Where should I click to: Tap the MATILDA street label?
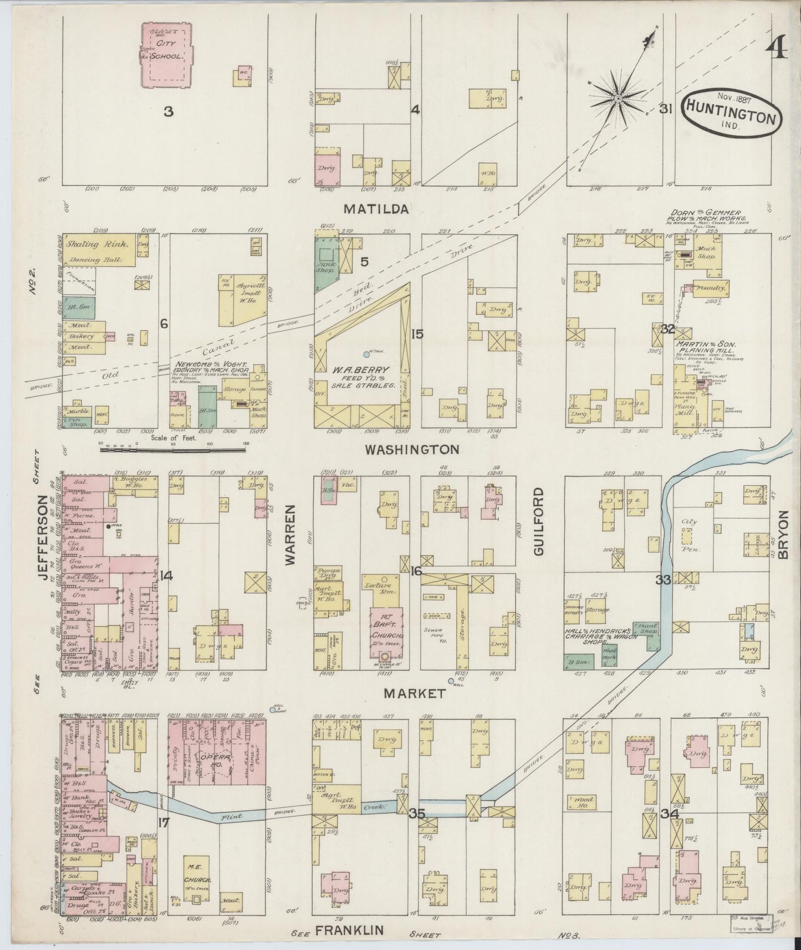tap(376, 209)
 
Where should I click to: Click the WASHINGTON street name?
tap(411, 449)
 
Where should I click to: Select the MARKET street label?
tap(413, 693)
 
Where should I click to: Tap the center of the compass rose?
tap(618, 99)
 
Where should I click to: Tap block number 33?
tap(663, 580)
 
